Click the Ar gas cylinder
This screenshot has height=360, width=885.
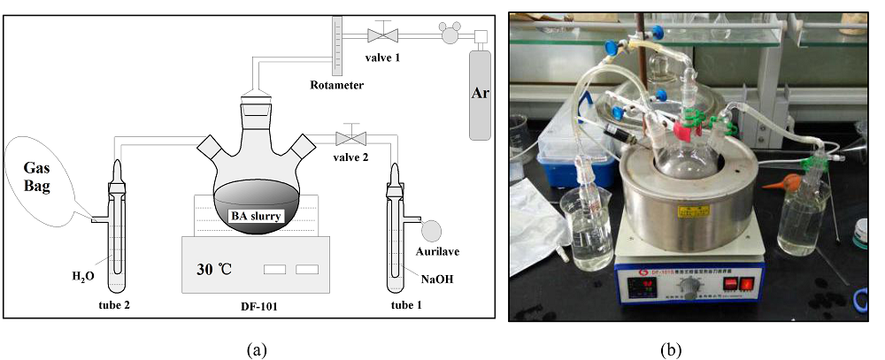pos(481,93)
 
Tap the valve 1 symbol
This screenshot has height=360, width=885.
pos(381,35)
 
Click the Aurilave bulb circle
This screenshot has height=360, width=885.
pos(433,230)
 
